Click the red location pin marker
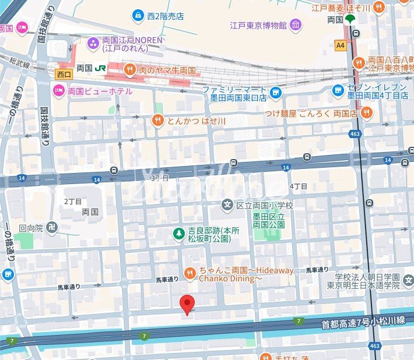click(187, 304)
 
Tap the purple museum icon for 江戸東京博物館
click(296, 25)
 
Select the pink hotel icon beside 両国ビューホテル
click(58, 91)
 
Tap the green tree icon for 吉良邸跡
click(178, 234)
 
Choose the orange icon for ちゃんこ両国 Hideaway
click(190, 273)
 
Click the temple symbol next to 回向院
click(52, 227)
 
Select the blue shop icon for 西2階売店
click(138, 15)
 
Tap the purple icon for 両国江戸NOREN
click(93, 43)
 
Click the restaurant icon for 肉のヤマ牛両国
click(129, 69)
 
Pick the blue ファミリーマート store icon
click(276, 93)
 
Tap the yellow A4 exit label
click(341, 44)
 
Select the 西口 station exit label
click(64, 74)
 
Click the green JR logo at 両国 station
click(101, 68)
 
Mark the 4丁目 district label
click(298, 186)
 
